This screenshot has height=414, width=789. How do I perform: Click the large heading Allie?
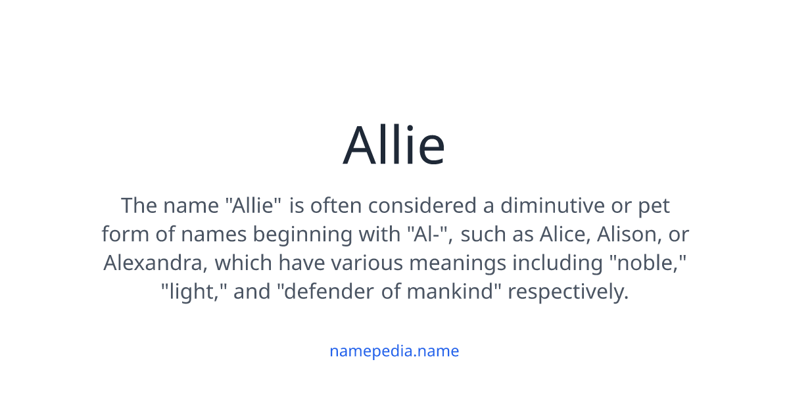pyautogui.click(x=394, y=145)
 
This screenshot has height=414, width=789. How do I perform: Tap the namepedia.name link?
pyautogui.click(x=394, y=351)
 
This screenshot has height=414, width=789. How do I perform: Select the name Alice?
pyautogui.click(x=562, y=235)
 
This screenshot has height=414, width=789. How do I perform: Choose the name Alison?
pyautogui.click(x=628, y=235)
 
